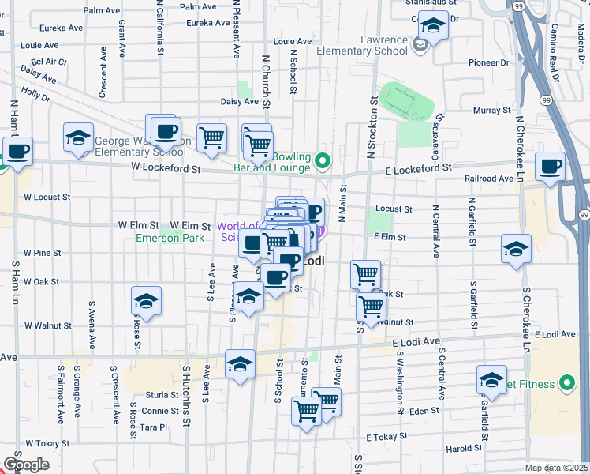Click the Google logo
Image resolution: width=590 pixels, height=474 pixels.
click(x=26, y=465)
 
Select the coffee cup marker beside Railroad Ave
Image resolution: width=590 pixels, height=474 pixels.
click(x=550, y=166)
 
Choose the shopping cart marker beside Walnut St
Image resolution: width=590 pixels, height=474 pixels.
click(x=371, y=306)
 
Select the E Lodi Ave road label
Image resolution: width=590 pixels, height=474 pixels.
click(x=416, y=340)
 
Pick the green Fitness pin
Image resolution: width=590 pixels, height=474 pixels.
click(x=566, y=385)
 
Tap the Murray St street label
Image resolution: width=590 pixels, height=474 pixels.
click(x=488, y=111)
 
